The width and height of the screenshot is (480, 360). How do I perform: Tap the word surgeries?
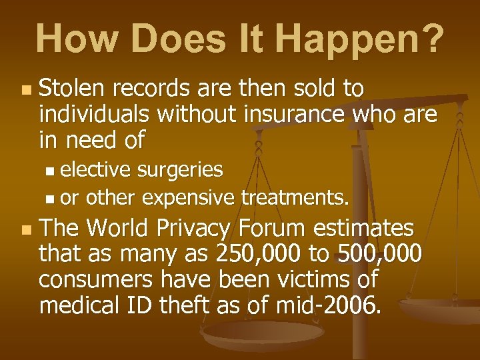pos(180,170)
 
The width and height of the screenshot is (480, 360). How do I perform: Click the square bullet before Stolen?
pos(25,89)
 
